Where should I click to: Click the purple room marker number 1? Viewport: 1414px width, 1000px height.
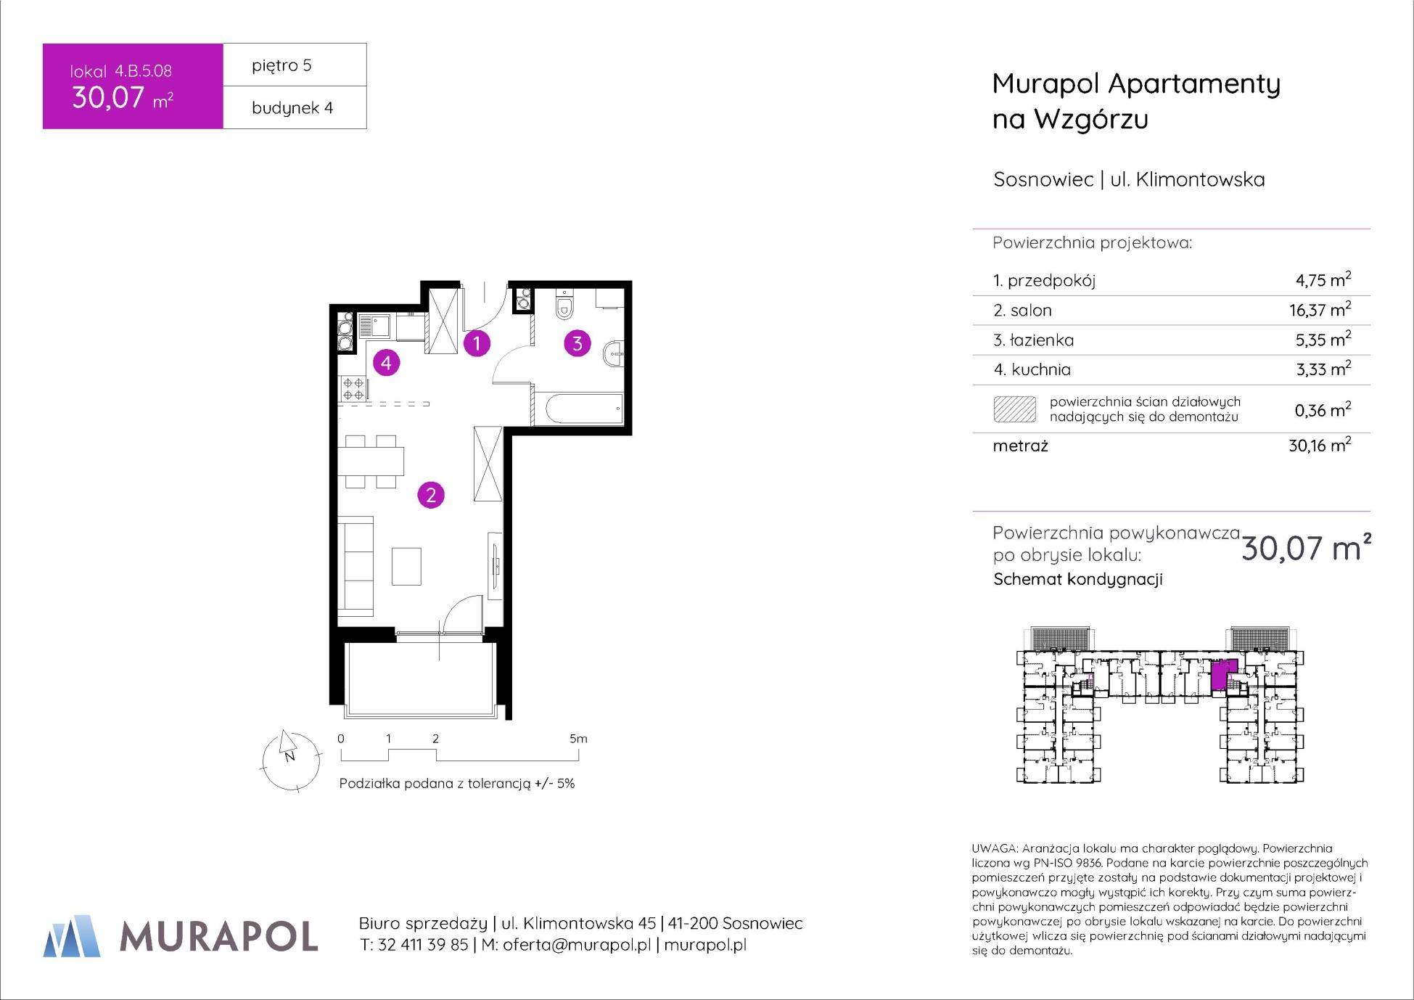pyautogui.click(x=477, y=343)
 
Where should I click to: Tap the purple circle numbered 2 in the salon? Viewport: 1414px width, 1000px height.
pyautogui.click(x=431, y=495)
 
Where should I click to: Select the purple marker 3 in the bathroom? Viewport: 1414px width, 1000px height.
pyautogui.click(x=577, y=343)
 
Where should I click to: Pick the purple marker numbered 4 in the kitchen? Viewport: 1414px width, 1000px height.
pyautogui.click(x=386, y=362)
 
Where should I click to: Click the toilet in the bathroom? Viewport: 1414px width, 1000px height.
pyautogui.click(x=564, y=306)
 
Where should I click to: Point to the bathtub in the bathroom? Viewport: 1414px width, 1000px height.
pyautogui.click(x=578, y=410)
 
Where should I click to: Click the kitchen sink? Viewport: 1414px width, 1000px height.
pyautogui.click(x=374, y=326)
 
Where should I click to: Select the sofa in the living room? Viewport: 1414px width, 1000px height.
pyautogui.click(x=355, y=566)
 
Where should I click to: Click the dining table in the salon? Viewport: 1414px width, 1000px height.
pyautogui.click(x=371, y=461)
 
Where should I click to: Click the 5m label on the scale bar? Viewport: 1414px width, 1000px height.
pyautogui.click(x=578, y=739)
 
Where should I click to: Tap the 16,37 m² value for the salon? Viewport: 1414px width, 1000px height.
pyautogui.click(x=1320, y=309)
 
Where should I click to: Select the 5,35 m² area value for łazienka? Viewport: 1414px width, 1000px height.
pyautogui.click(x=1323, y=339)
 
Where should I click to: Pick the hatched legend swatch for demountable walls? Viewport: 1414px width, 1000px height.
pyautogui.click(x=1014, y=409)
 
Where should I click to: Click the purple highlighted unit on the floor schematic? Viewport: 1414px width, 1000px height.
pyautogui.click(x=1223, y=675)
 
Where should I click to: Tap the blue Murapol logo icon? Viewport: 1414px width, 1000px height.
pyautogui.click(x=72, y=935)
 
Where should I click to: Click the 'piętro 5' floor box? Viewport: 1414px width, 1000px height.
pyautogui.click(x=295, y=65)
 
